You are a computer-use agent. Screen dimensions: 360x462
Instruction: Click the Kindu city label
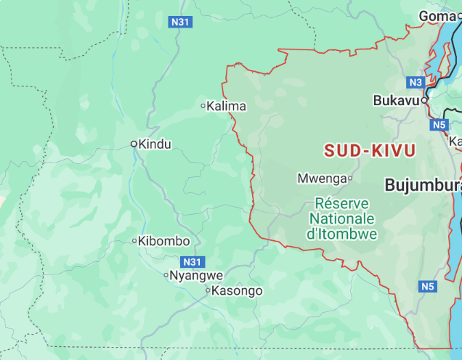pyautogui.click(x=155, y=144)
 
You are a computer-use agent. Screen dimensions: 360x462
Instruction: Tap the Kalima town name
pyautogui.click(x=226, y=106)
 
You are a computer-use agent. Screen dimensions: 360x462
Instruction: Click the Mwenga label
pyautogui.click(x=321, y=178)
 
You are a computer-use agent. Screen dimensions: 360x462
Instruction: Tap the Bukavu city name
pyautogui.click(x=396, y=101)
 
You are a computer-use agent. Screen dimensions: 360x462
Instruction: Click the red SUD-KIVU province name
pyautogui.click(x=370, y=151)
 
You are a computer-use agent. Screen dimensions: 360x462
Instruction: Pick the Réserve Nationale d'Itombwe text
pyautogui.click(x=342, y=218)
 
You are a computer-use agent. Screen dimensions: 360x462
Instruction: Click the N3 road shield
pyautogui.click(x=415, y=82)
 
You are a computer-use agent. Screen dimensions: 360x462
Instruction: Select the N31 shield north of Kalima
pyautogui.click(x=180, y=22)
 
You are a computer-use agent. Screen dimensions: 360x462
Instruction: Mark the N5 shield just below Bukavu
pyautogui.click(x=439, y=125)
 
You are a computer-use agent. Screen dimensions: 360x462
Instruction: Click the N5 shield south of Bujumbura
pyautogui.click(x=428, y=287)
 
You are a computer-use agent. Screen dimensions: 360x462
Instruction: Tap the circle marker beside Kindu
pyautogui.click(x=134, y=144)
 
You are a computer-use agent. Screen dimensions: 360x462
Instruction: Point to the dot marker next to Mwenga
pyautogui.click(x=350, y=178)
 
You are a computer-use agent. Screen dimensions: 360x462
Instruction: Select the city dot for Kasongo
pyautogui.click(x=208, y=291)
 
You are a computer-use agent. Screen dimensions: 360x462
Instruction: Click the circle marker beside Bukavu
pyautogui.click(x=425, y=101)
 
